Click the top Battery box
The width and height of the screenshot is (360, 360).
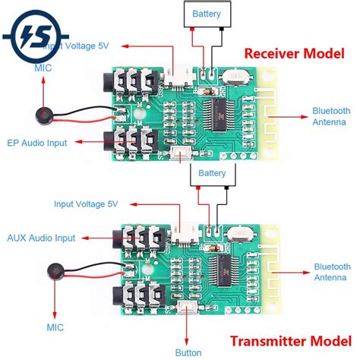[207, 14]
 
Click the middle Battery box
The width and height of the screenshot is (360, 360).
[212, 173]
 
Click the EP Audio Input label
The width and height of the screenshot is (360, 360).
[37, 143]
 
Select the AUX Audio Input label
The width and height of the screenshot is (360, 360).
[41, 238]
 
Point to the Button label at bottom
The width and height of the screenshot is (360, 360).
[189, 352]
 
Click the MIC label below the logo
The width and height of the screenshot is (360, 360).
[43, 68]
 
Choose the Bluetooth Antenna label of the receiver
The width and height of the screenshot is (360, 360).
[332, 115]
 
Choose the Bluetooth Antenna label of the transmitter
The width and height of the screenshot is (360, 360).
[332, 272]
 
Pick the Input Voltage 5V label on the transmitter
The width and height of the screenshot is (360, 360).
[85, 204]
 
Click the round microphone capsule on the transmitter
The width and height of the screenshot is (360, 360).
[52, 272]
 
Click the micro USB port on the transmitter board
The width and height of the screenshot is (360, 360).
[184, 231]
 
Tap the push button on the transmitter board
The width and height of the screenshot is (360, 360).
[187, 306]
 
